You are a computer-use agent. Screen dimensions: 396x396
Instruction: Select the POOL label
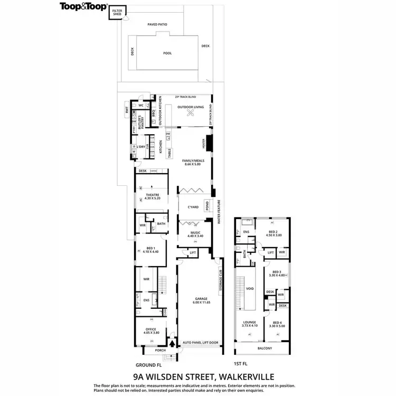point(167,53)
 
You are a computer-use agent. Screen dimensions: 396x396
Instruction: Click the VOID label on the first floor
point(251,289)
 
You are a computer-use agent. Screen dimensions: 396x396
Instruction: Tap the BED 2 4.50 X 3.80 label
point(275,234)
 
